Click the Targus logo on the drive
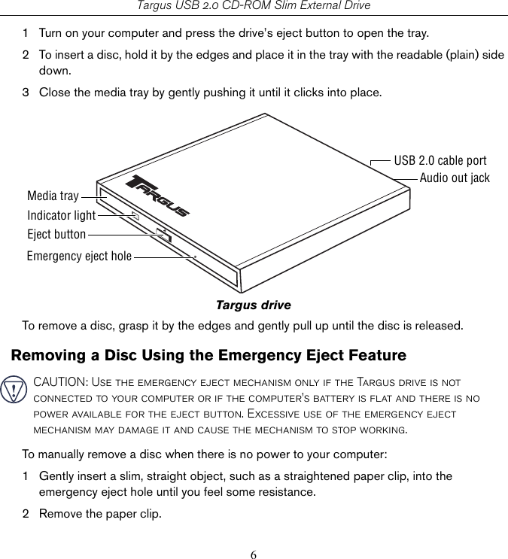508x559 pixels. tap(160, 196)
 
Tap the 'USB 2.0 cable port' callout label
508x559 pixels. tap(440, 160)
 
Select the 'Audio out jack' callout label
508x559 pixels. tap(455, 178)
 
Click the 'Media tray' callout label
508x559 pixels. tap(53, 196)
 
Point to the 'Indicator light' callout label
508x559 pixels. tap(62, 216)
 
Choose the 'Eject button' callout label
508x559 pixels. tap(56, 235)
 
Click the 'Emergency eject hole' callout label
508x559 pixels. tap(79, 257)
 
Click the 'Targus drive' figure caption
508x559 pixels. tap(253, 305)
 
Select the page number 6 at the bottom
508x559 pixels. tap(254, 555)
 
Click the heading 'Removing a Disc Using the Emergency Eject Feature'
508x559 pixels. tap(208, 355)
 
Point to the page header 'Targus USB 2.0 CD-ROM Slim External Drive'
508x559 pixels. tap(254, 6)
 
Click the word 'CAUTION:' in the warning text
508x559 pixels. tap(59, 382)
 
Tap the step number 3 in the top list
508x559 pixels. tap(26, 93)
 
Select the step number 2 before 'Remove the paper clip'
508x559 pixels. tap(26, 514)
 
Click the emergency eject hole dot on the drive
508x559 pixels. tap(195, 257)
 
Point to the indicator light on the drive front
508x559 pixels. tap(135, 215)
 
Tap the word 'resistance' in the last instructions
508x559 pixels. tap(286, 492)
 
